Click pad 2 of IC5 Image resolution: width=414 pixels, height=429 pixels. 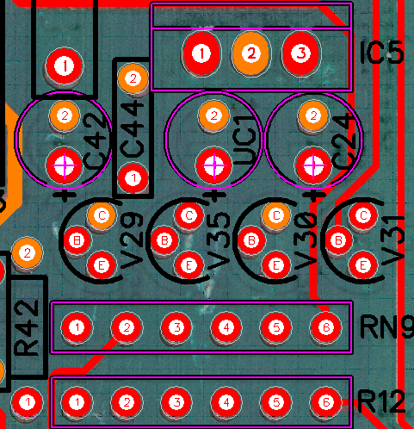(x=251, y=53)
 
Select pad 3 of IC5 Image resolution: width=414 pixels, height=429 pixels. (x=300, y=53)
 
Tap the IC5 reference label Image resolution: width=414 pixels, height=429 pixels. (x=381, y=53)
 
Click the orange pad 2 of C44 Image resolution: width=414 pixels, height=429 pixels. (x=133, y=78)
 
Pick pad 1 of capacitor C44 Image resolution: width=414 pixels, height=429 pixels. (x=133, y=178)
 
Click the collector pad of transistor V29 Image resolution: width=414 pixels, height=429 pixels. (x=102, y=215)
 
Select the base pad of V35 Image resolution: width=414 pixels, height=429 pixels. (x=164, y=240)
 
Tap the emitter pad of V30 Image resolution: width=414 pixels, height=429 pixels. (x=275, y=265)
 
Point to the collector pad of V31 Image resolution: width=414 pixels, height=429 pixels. (x=363, y=215)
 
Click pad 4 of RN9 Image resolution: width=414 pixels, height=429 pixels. (x=226, y=327)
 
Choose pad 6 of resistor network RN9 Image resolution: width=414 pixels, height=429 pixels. (x=326, y=327)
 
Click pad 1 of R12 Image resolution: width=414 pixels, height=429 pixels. (x=77, y=402)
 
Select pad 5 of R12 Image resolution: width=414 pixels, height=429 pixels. (x=276, y=402)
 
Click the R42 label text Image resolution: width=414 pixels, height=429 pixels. (x=26, y=327)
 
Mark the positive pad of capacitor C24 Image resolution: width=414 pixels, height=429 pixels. (x=313, y=165)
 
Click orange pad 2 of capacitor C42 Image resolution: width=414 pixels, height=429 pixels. (x=65, y=115)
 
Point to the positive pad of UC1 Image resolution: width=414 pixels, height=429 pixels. (x=214, y=165)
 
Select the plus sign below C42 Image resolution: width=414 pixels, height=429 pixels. (x=65, y=195)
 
